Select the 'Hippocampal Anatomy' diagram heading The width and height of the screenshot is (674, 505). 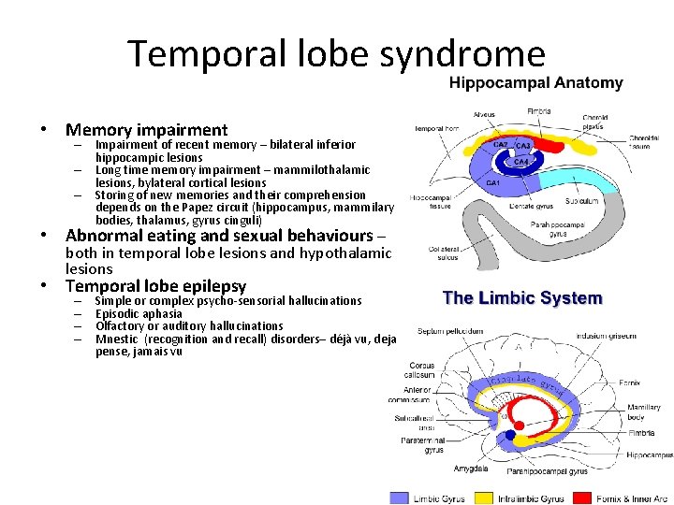[x=535, y=83]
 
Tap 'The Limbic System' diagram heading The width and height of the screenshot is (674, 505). [x=522, y=298]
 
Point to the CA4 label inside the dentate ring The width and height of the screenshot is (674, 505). [x=522, y=162]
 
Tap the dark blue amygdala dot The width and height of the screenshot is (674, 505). [x=509, y=436]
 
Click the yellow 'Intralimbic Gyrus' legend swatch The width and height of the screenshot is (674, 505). [x=484, y=498]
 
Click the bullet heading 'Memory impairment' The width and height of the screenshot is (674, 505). [x=146, y=130]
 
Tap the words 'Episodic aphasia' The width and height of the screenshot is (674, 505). [x=139, y=313]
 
